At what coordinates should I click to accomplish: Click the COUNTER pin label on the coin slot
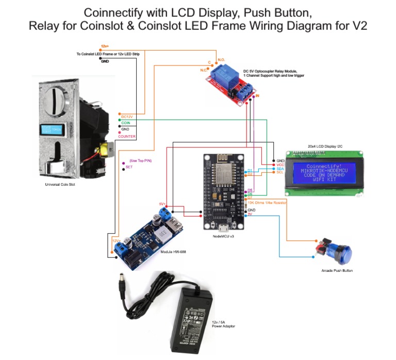127,137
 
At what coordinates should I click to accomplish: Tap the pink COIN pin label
125,122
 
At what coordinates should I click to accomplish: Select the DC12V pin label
127,117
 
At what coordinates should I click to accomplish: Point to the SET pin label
129,167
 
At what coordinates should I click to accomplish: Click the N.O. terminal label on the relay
221,60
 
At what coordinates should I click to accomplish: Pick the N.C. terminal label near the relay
204,69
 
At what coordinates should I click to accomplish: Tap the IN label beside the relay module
257,96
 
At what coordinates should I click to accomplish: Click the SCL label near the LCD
280,173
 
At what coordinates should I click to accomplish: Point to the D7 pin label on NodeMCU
250,197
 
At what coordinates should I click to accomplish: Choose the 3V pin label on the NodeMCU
250,215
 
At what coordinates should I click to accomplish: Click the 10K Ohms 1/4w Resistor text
267,202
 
